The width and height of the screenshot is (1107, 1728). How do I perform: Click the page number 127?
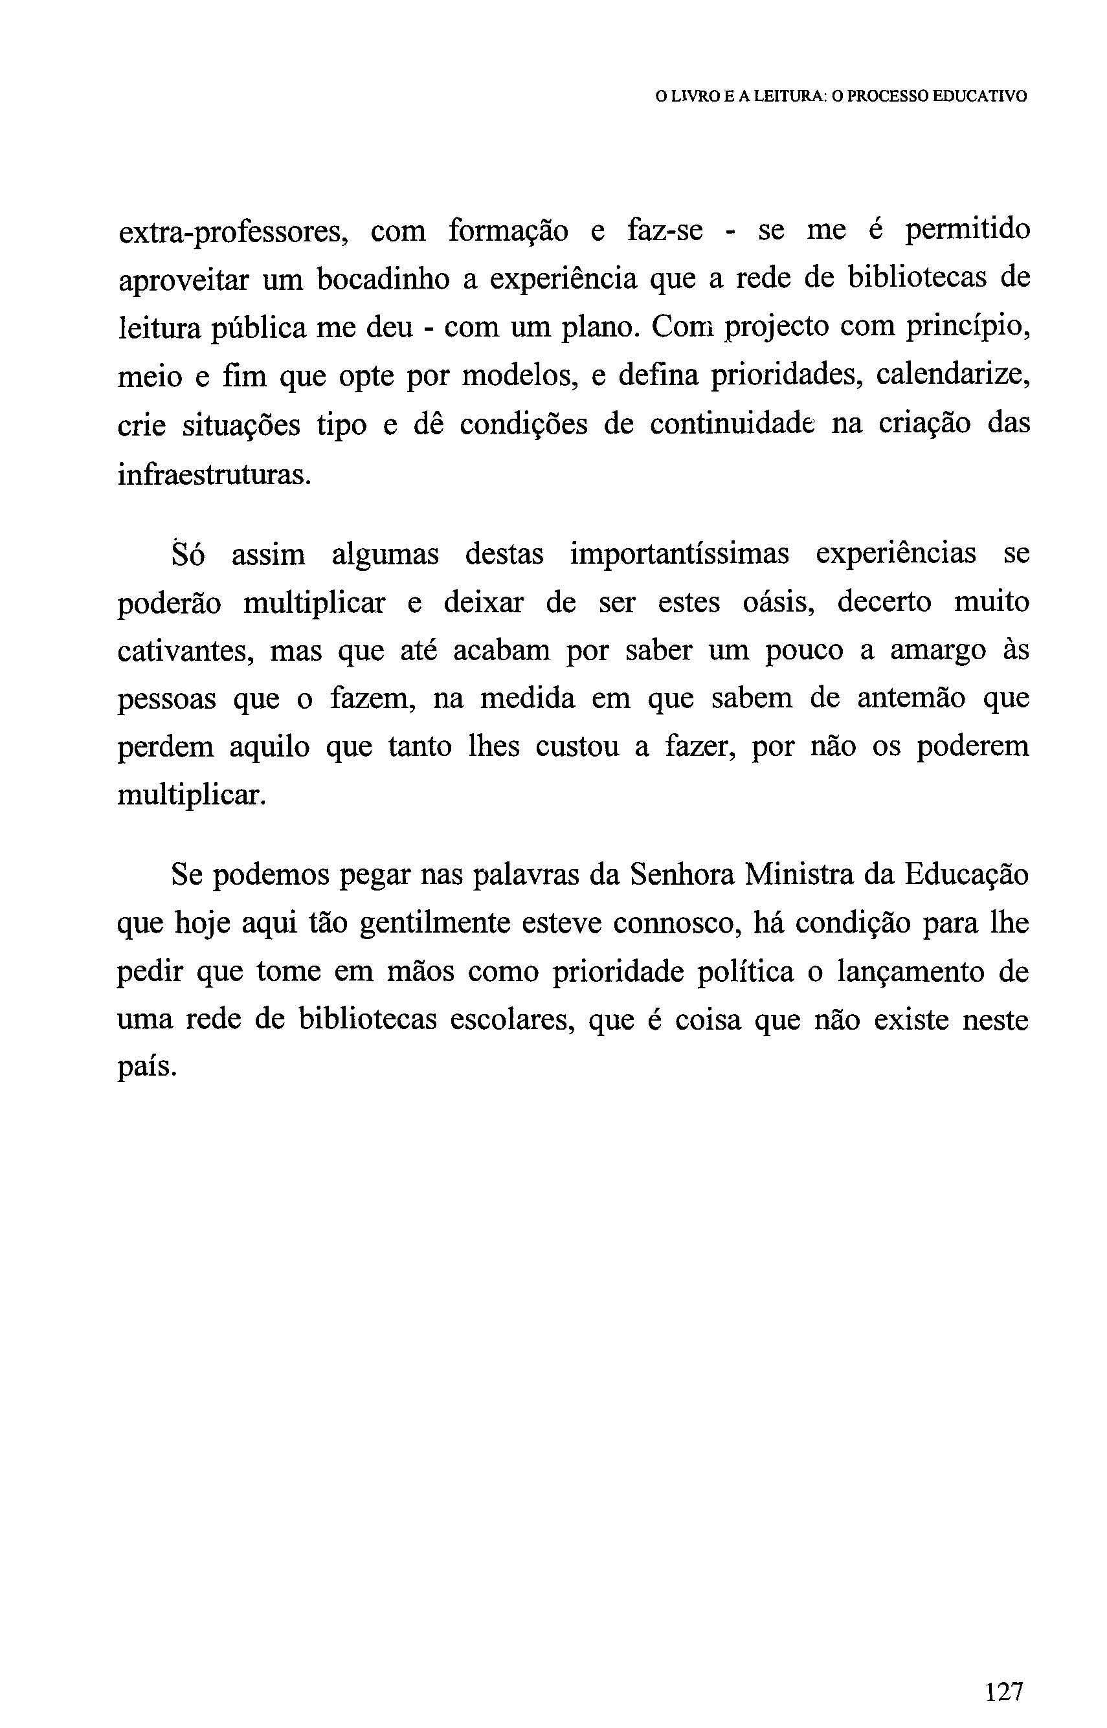click(1004, 1672)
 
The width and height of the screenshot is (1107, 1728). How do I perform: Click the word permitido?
click(967, 231)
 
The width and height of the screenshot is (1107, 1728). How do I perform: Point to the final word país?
click(146, 1069)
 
